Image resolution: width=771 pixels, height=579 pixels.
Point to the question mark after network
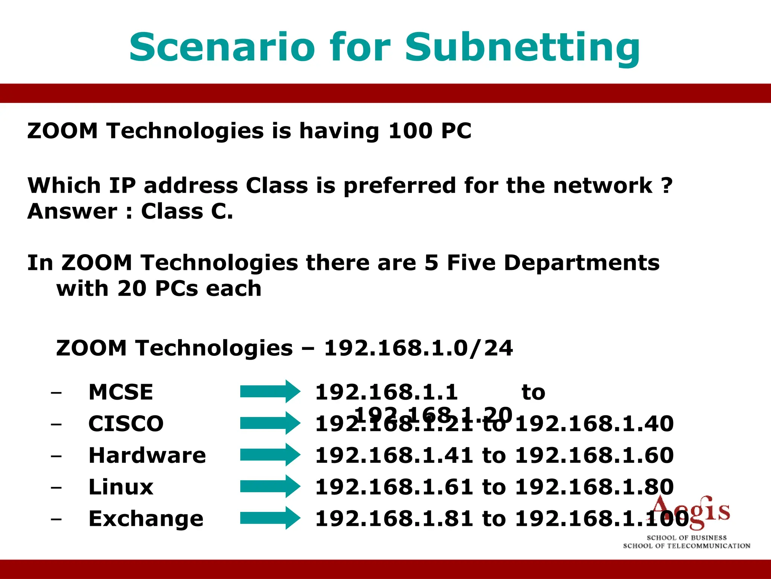point(667,185)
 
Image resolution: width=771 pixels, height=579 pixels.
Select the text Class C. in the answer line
point(187,211)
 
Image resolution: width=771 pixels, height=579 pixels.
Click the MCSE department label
point(121,392)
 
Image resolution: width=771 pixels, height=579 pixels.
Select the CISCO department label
point(126,424)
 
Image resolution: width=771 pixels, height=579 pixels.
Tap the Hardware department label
point(147,455)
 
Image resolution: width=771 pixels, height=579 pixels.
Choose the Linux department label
point(121,487)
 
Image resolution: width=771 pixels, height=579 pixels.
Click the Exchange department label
point(146,519)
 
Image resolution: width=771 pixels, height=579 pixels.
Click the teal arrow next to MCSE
point(270,392)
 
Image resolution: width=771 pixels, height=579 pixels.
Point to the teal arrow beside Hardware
point(270,455)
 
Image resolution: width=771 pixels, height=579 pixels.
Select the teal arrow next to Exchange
point(270,518)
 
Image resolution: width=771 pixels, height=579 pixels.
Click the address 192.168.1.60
point(594,455)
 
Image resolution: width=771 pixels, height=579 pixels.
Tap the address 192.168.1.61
point(394,487)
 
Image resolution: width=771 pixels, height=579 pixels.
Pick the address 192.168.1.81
point(394,519)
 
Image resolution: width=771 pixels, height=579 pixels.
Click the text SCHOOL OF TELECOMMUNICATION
point(686,546)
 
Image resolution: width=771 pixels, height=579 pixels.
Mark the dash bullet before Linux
point(56,487)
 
